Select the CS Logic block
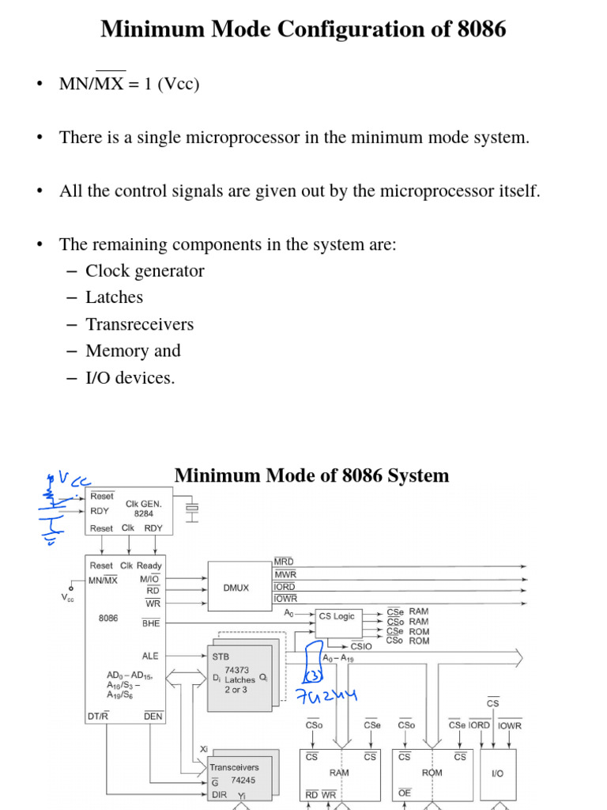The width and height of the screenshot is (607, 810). pos(337,616)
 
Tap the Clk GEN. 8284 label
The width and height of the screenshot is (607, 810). pos(143,508)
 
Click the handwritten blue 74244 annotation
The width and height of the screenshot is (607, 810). pos(326,696)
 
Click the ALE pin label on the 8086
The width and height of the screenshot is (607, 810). pos(150,656)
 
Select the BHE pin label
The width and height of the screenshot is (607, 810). pos(151,623)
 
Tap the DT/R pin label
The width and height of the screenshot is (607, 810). pos(98,717)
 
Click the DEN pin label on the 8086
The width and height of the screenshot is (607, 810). pos(153,717)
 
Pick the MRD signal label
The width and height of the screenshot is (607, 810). pos(284,561)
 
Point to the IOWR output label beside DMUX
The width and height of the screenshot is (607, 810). pos(286,599)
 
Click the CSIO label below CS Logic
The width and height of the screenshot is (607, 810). pos(361,646)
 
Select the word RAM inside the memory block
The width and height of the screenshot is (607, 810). pos(339,772)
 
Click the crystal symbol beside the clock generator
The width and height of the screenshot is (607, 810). pos(190,509)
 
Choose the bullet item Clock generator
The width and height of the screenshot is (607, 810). pos(145,271)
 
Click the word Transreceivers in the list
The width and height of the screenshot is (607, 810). pos(139,324)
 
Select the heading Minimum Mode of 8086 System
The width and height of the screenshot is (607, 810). pos(311,475)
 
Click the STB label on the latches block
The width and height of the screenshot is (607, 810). pos(221,656)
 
